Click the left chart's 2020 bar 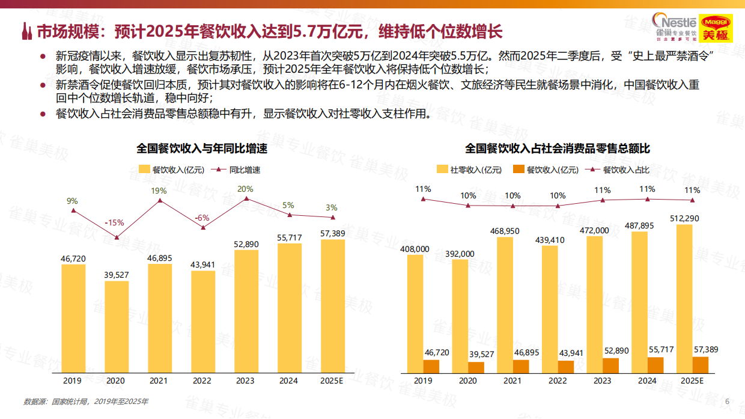click(x=117, y=325)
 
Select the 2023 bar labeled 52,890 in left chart click(x=246, y=309)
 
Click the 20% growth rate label click(x=245, y=189)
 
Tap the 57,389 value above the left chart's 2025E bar click(x=333, y=233)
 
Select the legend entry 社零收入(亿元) click(x=469, y=170)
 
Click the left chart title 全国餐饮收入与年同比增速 click(x=201, y=148)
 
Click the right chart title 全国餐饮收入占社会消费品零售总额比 click(x=558, y=148)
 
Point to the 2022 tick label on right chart click(x=558, y=381)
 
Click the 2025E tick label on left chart click(x=332, y=381)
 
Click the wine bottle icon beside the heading click(x=27, y=31)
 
